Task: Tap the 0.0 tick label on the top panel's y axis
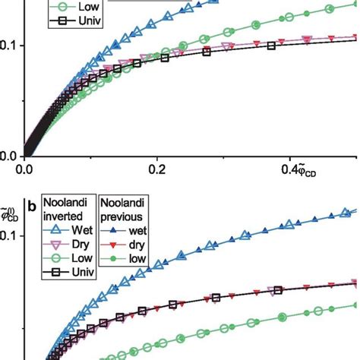(x=10, y=155)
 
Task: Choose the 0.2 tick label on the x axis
(x=157, y=169)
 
